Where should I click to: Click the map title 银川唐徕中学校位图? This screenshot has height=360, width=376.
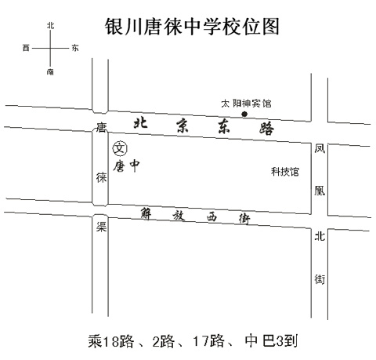[192, 27]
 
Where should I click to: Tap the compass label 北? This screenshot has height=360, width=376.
[50, 26]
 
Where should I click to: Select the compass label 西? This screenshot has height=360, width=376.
[26, 48]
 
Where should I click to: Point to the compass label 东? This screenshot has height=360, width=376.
[75, 48]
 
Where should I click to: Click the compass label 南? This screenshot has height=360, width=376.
[50, 72]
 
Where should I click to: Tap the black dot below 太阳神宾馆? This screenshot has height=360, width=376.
[244, 114]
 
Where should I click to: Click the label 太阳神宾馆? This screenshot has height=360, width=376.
[246, 104]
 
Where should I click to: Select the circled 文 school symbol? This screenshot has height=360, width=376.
[120, 148]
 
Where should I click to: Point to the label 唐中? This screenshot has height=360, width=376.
[126, 165]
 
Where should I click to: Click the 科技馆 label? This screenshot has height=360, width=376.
[285, 172]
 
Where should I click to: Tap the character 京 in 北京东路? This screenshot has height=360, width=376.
[183, 125]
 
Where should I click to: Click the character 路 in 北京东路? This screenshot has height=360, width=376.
[266, 128]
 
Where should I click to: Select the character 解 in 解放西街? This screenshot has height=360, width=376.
[146, 214]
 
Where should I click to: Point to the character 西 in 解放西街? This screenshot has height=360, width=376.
[211, 217]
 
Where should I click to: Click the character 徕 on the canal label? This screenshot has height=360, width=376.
[101, 178]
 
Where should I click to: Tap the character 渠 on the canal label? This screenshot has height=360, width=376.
[101, 227]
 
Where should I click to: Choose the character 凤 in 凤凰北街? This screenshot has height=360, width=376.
[320, 148]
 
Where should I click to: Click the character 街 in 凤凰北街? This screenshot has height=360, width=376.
[320, 279]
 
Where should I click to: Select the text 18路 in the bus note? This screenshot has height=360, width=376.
[119, 341]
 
